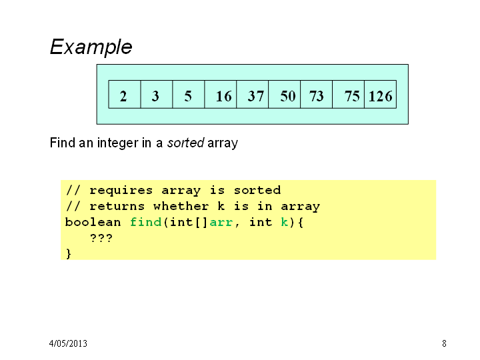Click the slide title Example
pyautogui.click(x=91, y=47)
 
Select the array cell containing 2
pyautogui.click(x=125, y=94)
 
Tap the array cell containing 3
pyautogui.click(x=157, y=94)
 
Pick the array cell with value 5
pyautogui.click(x=189, y=94)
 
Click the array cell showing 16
pyautogui.click(x=221, y=94)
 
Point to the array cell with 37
pyautogui.click(x=253, y=94)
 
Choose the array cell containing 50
pyautogui.click(x=285, y=94)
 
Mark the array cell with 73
pyautogui.click(x=317, y=94)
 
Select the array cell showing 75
pyautogui.click(x=349, y=94)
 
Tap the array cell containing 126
pyautogui.click(x=381, y=94)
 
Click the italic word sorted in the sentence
pyautogui.click(x=185, y=143)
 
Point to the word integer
pyautogui.click(x=118, y=143)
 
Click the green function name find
pyautogui.click(x=146, y=221)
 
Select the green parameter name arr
pyautogui.click(x=221, y=223)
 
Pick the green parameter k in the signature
pyautogui.click(x=285, y=221)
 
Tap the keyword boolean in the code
pyautogui.click(x=93, y=221)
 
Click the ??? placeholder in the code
pyautogui.click(x=101, y=238)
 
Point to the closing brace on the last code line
pyautogui.click(x=69, y=254)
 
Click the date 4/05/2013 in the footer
pyautogui.click(x=68, y=343)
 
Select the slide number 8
pyautogui.click(x=444, y=343)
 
